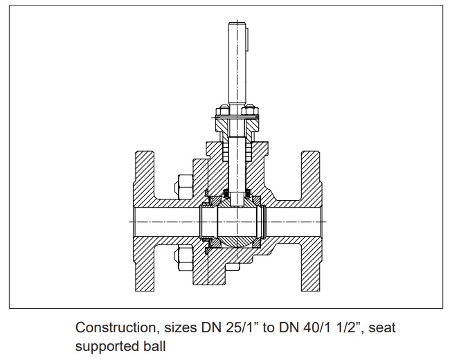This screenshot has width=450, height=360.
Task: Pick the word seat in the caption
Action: click(382, 328)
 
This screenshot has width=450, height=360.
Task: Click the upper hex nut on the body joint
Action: click(183, 187)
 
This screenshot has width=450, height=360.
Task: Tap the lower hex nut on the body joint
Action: click(183, 258)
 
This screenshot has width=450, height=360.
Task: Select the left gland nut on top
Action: click(223, 111)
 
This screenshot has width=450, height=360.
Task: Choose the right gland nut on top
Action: click(250, 111)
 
